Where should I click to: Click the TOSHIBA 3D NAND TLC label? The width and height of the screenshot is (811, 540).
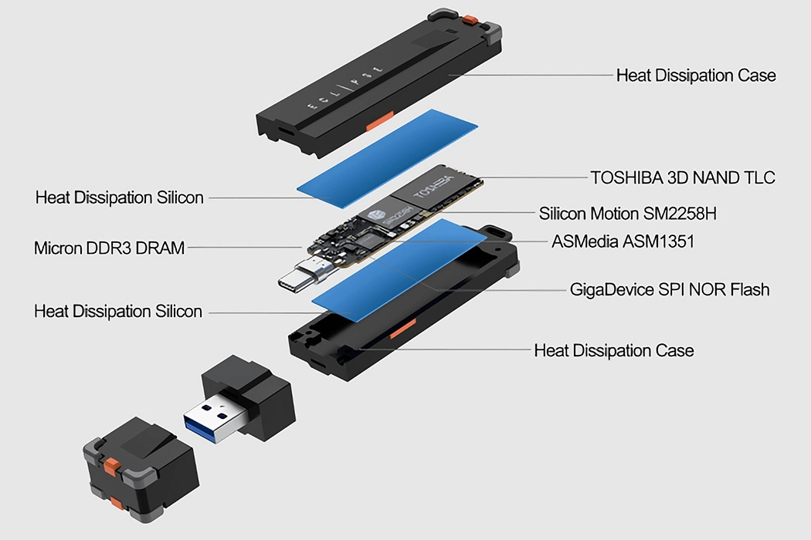tap(683, 177)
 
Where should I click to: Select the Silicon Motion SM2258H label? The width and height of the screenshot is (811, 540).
tap(633, 213)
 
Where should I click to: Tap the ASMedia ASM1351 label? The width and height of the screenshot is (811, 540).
tap(623, 241)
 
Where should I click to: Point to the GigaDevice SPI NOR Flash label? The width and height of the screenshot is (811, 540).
tap(669, 290)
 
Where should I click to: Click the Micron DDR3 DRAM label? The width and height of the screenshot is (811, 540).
tap(109, 248)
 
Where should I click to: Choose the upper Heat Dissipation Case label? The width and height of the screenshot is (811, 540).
tap(695, 76)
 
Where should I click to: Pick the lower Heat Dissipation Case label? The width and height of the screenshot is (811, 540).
tap(613, 351)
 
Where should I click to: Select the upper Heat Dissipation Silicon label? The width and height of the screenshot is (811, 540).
tap(120, 197)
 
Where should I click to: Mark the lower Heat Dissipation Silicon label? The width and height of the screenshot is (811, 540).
tap(118, 312)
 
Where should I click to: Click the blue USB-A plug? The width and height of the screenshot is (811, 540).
tap(212, 420)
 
